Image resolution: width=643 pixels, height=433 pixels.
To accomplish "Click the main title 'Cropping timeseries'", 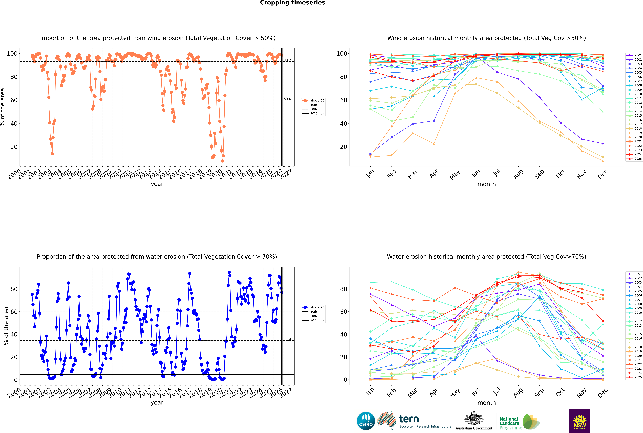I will coord(292,3).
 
